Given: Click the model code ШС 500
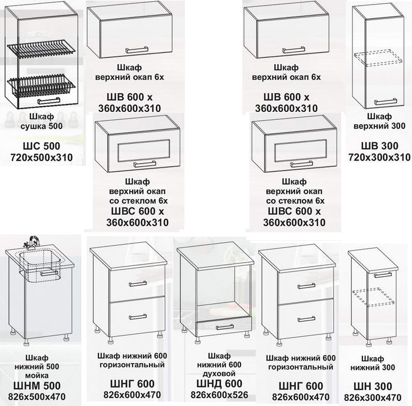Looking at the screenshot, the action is [42, 146].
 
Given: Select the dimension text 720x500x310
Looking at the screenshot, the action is [42, 157].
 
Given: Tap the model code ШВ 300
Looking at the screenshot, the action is [379, 146].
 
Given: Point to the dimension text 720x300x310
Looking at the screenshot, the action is [379, 157].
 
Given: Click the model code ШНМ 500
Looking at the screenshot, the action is [37, 386].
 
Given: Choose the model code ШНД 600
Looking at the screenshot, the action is [219, 384].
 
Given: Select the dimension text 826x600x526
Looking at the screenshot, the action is [219, 395].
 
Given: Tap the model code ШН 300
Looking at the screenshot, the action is [373, 386].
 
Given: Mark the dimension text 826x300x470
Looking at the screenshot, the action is [373, 398].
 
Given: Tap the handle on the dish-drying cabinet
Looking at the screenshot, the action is [49, 101].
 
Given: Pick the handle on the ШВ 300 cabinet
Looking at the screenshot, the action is [386, 101].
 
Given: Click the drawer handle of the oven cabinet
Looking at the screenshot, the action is [225, 327].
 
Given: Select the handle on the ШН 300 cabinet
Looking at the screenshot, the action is [383, 275].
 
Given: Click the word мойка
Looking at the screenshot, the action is [37, 375].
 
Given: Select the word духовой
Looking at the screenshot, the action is [219, 373].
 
